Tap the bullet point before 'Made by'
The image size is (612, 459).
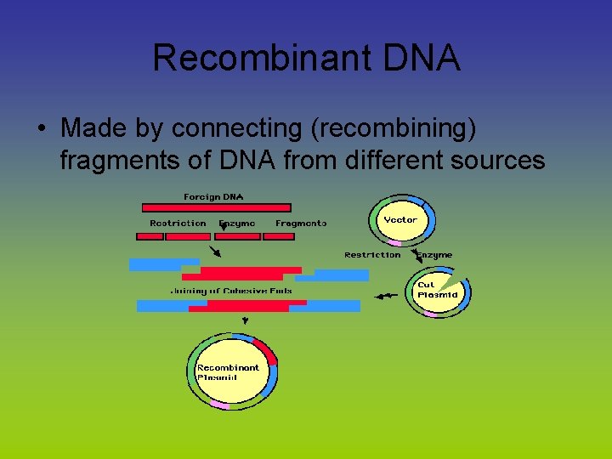[x=41, y=129]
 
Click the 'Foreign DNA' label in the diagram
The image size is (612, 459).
[x=213, y=197]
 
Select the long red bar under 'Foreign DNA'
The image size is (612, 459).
[x=216, y=207]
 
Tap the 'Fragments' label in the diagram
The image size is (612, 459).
[x=300, y=224]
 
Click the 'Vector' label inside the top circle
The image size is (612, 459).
[x=400, y=220]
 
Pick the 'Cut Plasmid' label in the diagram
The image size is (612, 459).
[x=437, y=290]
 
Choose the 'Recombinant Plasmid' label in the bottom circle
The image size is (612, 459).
[x=228, y=372]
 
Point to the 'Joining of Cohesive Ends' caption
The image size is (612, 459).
[x=231, y=291]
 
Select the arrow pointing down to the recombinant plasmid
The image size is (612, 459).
[x=246, y=320]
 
